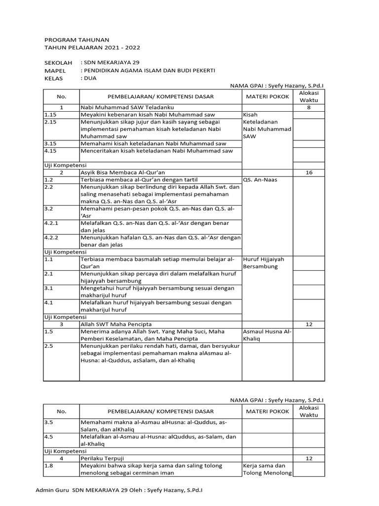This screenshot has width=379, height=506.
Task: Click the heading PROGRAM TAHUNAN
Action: (77, 39)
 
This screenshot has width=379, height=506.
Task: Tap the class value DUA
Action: (90, 78)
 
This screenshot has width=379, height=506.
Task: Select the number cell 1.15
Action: (51, 115)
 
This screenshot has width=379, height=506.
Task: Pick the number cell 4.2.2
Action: (52, 237)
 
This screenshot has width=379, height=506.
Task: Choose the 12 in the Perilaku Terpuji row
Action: (309, 459)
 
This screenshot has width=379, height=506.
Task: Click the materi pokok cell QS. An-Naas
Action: (260, 180)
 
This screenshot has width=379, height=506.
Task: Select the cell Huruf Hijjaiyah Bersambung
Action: (263, 263)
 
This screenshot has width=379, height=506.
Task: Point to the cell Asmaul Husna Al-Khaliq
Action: (267, 335)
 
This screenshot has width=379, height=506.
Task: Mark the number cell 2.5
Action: (48, 346)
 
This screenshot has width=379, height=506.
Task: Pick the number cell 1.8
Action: (48, 465)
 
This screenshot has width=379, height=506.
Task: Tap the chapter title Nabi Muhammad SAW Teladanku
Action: (123, 107)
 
